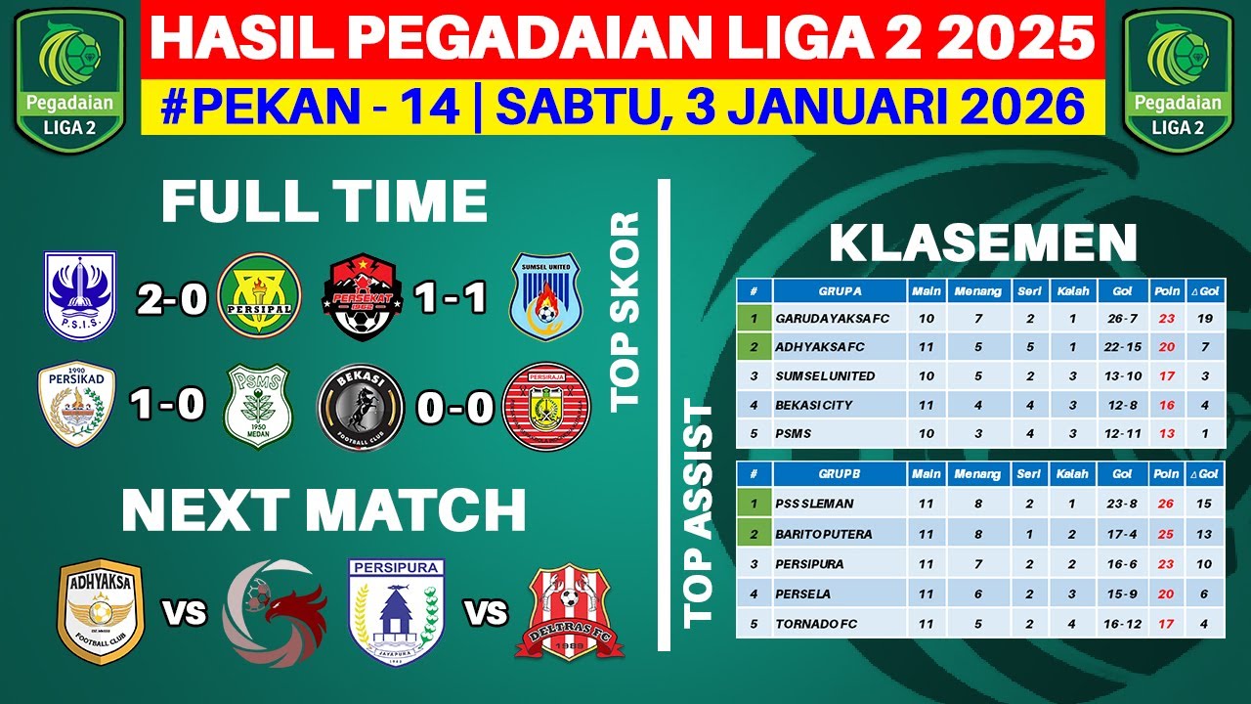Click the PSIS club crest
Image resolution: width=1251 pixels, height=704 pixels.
(x=80, y=296)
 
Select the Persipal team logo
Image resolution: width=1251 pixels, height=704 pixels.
(x=260, y=296)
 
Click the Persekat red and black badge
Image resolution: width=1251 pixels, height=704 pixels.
(x=364, y=296)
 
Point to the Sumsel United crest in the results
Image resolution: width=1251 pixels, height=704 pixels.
(x=545, y=296)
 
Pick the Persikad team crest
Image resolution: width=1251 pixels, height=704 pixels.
(x=76, y=404)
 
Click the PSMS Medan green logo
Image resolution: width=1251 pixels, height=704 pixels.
(x=260, y=406)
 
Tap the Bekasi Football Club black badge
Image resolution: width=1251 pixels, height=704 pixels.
(x=361, y=406)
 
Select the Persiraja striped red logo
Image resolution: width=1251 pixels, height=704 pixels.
(x=546, y=406)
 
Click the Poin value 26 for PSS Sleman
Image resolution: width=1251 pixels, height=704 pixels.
(x=1166, y=504)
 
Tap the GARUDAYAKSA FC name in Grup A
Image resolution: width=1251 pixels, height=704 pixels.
(x=833, y=319)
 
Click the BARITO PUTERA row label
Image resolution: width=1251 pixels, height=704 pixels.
(x=823, y=534)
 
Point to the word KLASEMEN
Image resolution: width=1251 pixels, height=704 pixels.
(x=983, y=243)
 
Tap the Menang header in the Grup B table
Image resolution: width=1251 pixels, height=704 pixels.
(x=978, y=474)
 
